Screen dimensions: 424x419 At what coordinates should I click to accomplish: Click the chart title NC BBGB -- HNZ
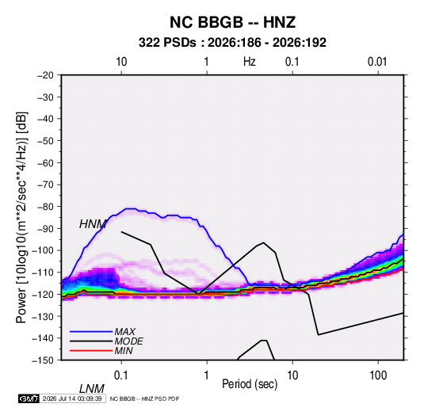pos(232,22)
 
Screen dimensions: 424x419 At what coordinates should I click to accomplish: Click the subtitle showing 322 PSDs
pos(232,43)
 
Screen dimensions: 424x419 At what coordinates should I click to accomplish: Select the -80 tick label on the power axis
pos(45,207)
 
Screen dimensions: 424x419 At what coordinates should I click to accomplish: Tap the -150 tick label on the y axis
pos(43,360)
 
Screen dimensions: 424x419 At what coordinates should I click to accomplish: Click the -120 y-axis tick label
pos(43,294)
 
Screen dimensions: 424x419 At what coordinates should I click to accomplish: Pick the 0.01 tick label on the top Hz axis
pos(377,62)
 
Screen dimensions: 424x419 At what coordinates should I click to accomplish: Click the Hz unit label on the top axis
pos(250,62)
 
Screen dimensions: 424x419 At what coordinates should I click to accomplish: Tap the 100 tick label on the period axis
pos(378,375)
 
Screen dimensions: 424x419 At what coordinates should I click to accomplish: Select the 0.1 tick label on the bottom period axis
pos(121,375)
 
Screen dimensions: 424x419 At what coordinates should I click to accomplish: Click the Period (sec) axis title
pos(250,384)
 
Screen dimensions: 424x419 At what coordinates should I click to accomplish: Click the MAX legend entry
pos(125,332)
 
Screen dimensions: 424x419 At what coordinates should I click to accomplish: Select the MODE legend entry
pos(128,341)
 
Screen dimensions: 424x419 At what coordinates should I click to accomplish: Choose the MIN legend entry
pos(124,351)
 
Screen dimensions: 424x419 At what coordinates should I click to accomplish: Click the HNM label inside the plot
pos(93,224)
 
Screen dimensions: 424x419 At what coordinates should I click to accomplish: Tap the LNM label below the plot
pos(92,389)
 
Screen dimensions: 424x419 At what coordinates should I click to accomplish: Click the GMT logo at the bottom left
pos(29,398)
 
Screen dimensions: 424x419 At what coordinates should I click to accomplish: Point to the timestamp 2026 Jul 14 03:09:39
pos(72,398)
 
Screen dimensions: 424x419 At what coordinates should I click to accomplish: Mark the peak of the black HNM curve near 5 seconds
pos(263,242)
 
